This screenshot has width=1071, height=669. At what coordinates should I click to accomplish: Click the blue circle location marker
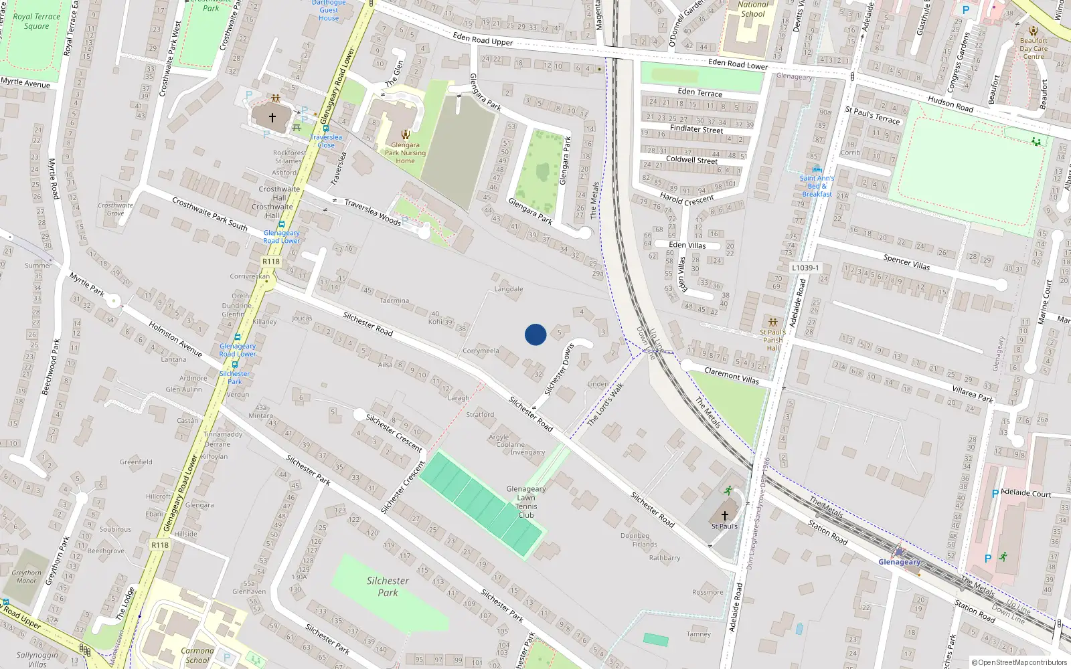point(535,334)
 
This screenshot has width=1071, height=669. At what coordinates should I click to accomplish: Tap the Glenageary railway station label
point(899,562)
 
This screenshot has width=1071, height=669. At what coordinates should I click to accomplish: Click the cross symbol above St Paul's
point(724,516)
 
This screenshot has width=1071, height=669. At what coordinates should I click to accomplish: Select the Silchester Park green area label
point(388,587)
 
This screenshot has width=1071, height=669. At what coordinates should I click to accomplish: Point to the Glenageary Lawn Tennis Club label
point(526,502)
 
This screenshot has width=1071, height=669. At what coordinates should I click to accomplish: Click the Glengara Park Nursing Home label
point(405,153)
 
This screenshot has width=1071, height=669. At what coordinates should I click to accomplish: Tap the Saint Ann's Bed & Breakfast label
point(817,186)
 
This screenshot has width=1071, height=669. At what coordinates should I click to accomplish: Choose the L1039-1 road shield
point(805,268)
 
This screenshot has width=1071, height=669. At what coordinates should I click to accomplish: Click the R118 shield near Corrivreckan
point(271,262)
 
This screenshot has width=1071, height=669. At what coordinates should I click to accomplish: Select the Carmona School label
point(197,655)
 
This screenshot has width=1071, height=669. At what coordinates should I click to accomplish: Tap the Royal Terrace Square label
point(37,21)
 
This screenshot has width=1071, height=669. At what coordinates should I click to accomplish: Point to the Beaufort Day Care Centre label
point(1034,48)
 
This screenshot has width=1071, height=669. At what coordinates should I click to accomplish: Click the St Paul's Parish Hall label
point(773,340)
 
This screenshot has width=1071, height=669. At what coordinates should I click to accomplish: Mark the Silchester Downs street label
point(560,370)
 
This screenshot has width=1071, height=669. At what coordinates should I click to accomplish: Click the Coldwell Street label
point(691,160)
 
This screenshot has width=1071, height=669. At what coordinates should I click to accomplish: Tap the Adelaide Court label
point(1026,494)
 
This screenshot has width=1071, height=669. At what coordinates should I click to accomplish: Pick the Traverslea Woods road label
point(373,212)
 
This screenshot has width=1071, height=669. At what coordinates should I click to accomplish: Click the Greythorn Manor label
point(27,577)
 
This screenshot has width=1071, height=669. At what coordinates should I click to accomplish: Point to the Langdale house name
point(509,289)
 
